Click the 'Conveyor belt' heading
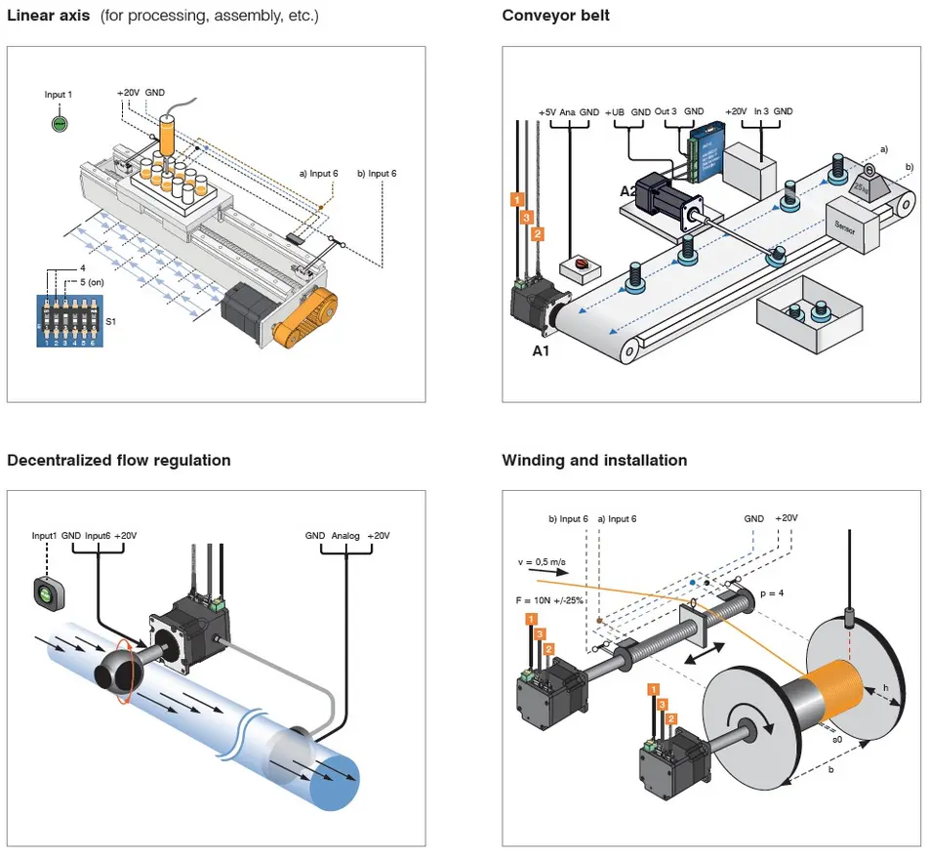tap(555, 16)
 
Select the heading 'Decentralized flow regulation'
tap(118, 460)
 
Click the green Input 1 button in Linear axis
tap(59, 124)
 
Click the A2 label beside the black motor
tap(630, 191)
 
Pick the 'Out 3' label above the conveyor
tap(666, 112)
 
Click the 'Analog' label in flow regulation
tap(346, 535)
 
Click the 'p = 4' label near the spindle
tap(773, 592)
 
